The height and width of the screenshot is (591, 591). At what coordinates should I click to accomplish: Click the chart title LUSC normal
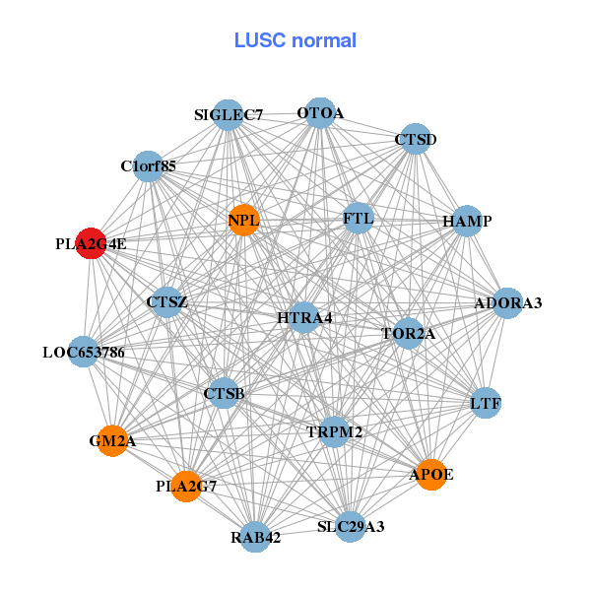pos(295,40)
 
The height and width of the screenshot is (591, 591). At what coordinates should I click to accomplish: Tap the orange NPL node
pos(243,220)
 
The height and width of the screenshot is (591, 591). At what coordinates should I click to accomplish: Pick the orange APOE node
pos(430,475)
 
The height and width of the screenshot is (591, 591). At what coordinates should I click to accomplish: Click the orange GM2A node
pos(112,441)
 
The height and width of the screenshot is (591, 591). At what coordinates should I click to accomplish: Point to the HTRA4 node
pos(304,317)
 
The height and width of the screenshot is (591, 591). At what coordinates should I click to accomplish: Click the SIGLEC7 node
pos(229,114)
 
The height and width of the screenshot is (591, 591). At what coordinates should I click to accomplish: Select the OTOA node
pos(320,113)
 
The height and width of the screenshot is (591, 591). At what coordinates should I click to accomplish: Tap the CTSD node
pos(415,140)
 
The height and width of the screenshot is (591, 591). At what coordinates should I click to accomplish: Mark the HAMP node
pos(467,221)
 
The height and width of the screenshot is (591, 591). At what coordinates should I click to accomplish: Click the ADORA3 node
pos(508,302)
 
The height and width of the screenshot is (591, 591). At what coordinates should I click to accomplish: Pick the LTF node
pos(486,403)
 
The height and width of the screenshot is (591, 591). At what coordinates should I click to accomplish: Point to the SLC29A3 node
pos(351,527)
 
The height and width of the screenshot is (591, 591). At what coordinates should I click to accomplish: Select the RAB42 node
pos(256,537)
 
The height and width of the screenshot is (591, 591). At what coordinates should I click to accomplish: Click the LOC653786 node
pos(84,352)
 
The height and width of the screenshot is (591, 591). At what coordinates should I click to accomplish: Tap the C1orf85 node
pos(149,166)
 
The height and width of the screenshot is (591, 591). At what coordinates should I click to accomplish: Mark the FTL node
pos(359,218)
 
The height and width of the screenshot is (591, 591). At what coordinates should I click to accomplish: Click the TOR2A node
pos(408,334)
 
